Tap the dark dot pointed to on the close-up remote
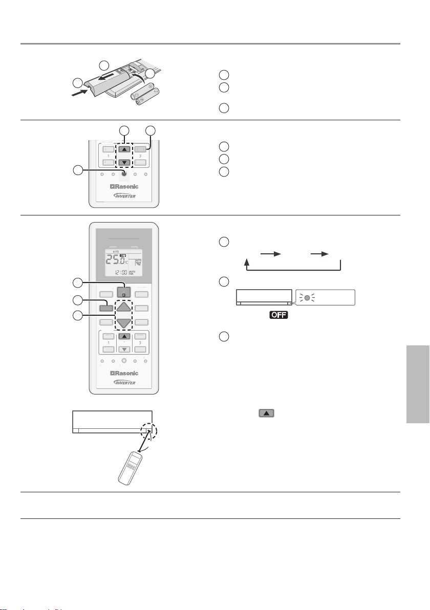pos(123,174)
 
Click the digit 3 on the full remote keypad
pos(140,343)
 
